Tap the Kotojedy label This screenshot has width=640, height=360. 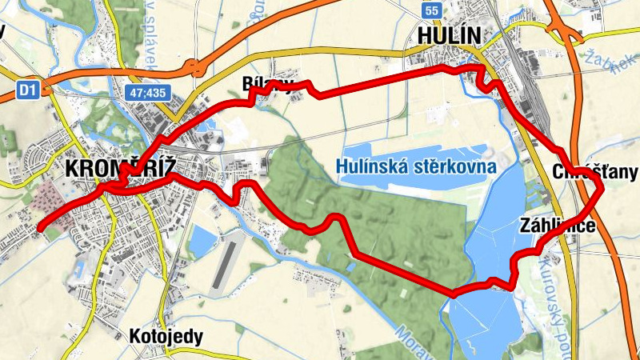click(x=166, y=336)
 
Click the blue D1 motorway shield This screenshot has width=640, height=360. click(x=28, y=90)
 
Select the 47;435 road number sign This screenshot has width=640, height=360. click(x=146, y=93)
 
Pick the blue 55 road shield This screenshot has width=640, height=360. click(x=433, y=10)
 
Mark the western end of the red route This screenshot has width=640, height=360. click(x=39, y=227)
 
